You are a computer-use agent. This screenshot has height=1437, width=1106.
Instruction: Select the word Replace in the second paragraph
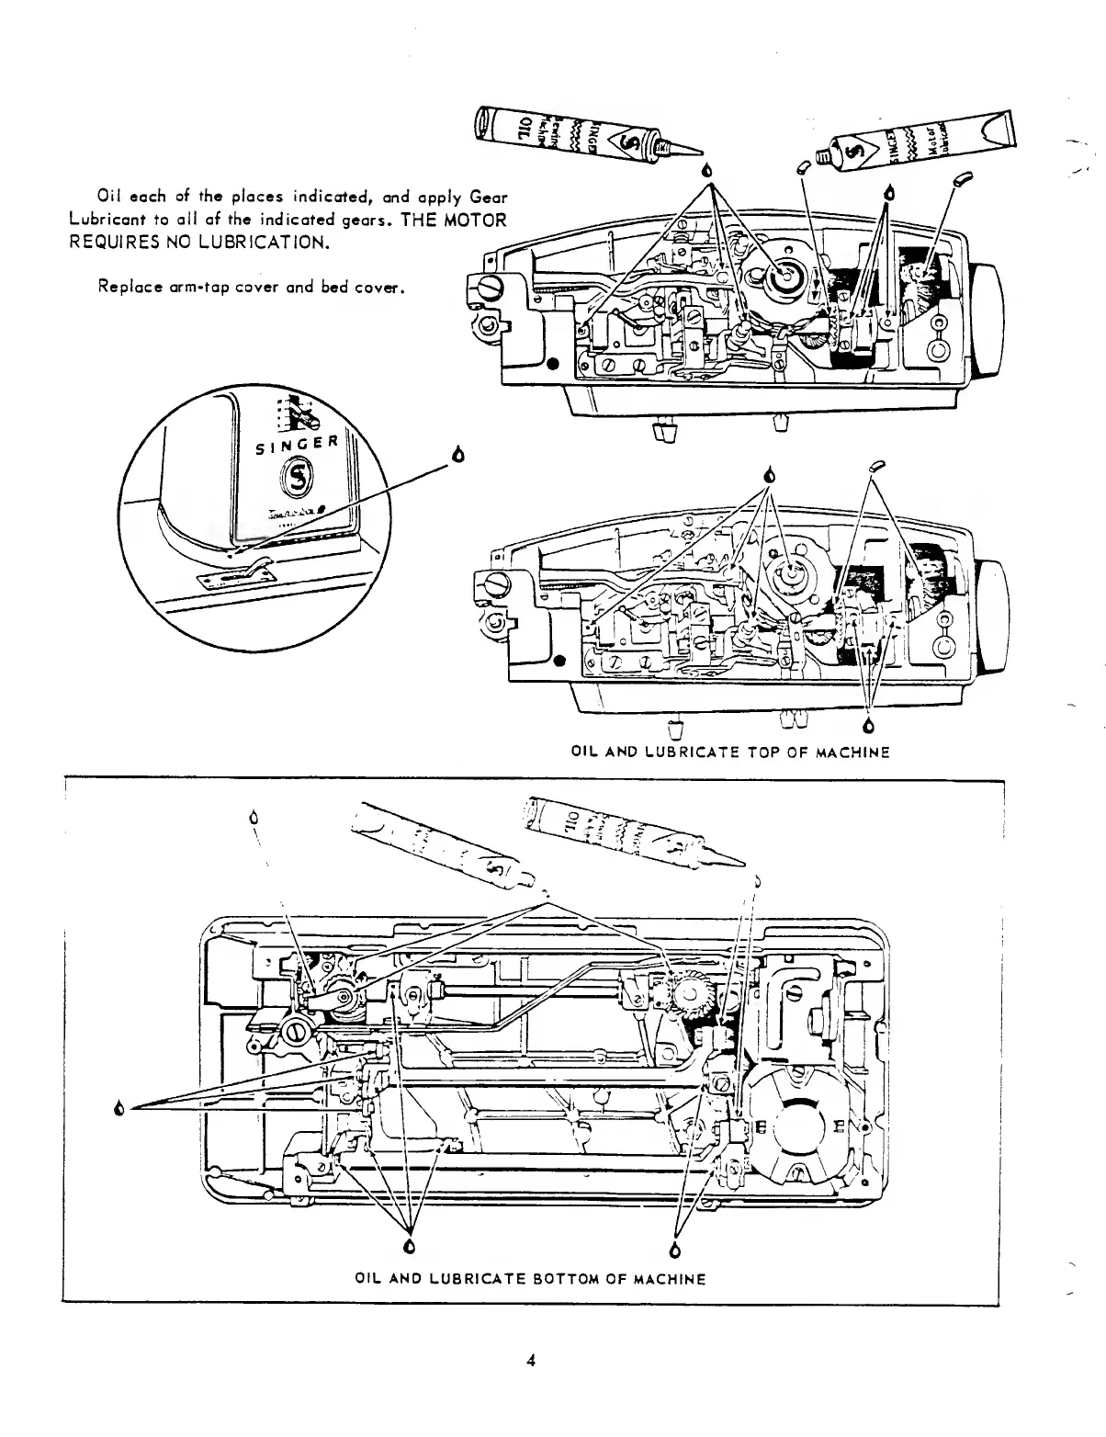[x=126, y=287]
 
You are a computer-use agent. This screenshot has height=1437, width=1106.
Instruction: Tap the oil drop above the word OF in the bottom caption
[x=676, y=1250]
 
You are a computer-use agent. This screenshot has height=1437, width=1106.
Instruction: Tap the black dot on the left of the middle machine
[x=559, y=659]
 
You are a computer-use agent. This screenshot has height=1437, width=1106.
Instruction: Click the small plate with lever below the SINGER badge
[x=237, y=575]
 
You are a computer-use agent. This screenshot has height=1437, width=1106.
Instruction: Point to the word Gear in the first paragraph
[x=489, y=198]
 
